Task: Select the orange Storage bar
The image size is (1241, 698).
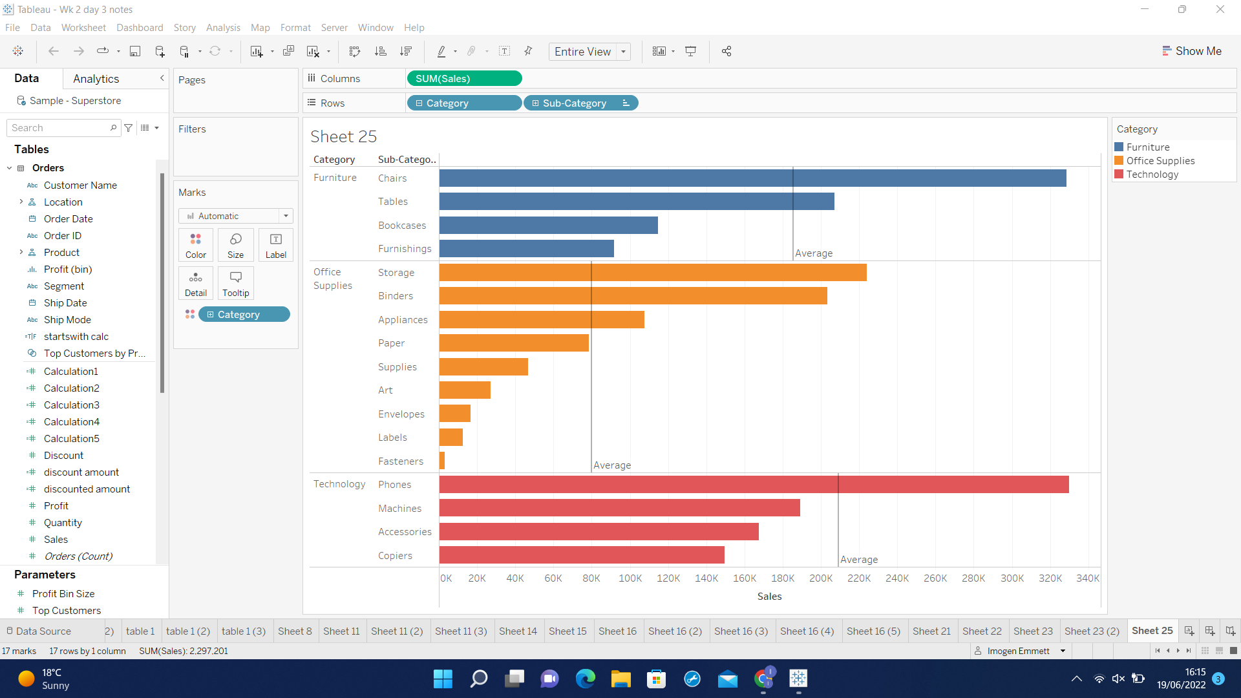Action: (x=653, y=272)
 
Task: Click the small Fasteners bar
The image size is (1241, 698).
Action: (x=442, y=461)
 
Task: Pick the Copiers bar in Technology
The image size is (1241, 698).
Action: (x=582, y=555)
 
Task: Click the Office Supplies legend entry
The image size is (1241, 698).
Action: (x=1160, y=161)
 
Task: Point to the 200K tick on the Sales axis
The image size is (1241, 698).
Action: (x=821, y=578)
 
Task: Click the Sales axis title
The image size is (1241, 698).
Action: (x=769, y=597)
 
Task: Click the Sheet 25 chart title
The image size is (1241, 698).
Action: (x=343, y=136)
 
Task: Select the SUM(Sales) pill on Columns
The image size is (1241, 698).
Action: (x=464, y=79)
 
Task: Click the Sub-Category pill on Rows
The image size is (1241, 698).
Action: (x=574, y=103)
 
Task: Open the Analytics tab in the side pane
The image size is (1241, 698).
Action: (x=96, y=79)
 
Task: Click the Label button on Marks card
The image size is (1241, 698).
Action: (x=275, y=246)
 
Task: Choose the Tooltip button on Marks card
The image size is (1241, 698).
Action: (x=235, y=284)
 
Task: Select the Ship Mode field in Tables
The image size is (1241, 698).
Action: (x=67, y=320)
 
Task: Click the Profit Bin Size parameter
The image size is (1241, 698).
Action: (x=63, y=594)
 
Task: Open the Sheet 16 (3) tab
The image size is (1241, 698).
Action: (x=741, y=631)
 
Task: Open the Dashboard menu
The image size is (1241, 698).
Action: (x=140, y=28)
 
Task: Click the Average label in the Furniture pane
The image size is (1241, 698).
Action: (x=814, y=253)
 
